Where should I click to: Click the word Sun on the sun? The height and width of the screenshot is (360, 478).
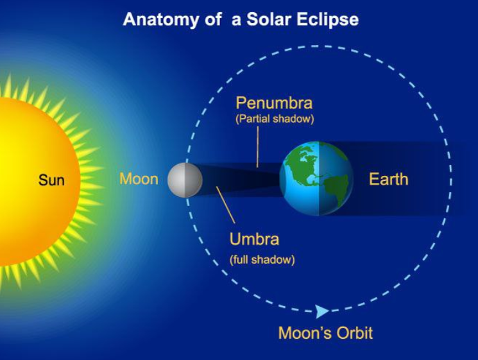[51, 180]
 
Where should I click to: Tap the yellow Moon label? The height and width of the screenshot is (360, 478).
[139, 179]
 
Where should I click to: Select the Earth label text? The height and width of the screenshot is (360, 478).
[388, 179]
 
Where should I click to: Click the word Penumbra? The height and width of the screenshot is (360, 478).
[274, 103]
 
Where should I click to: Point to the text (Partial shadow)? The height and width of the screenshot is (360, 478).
[275, 119]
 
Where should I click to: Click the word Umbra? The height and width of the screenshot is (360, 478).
[254, 239]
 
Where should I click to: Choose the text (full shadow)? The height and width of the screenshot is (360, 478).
[262, 260]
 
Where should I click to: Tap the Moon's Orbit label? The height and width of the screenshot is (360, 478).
[325, 332]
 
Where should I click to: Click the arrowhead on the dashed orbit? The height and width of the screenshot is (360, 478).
[321, 311]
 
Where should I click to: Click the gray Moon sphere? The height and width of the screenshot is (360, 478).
[185, 180]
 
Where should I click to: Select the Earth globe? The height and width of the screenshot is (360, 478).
[316, 178]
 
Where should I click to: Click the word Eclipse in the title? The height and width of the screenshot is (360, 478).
[327, 19]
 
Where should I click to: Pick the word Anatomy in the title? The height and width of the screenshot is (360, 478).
[161, 19]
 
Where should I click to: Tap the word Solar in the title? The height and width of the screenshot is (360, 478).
[268, 19]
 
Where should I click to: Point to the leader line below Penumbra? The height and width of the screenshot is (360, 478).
[257, 147]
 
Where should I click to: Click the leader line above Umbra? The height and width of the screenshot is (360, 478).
[226, 205]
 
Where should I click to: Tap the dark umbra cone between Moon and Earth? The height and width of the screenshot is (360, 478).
[241, 180]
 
